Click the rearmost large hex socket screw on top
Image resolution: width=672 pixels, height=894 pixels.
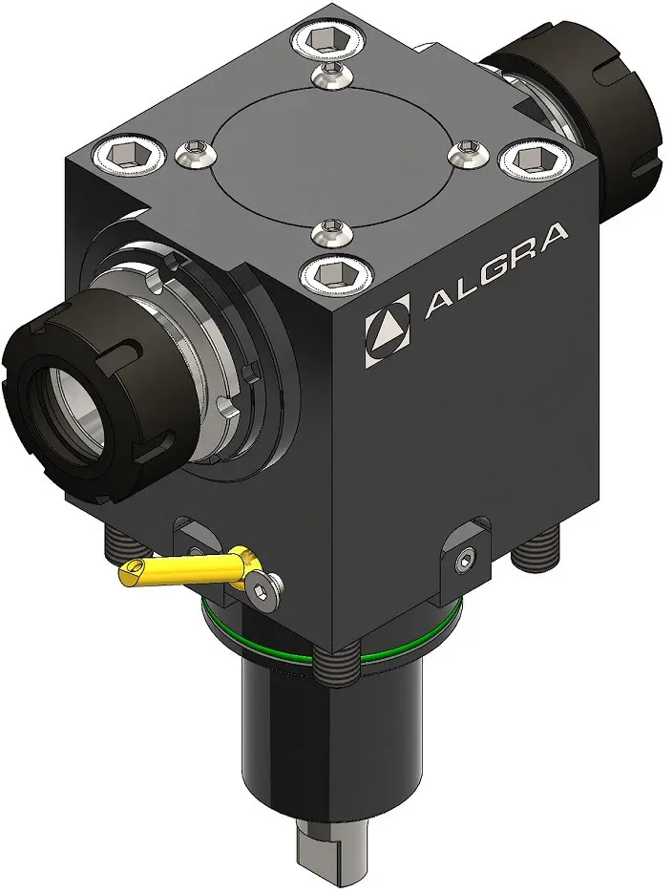326,40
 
